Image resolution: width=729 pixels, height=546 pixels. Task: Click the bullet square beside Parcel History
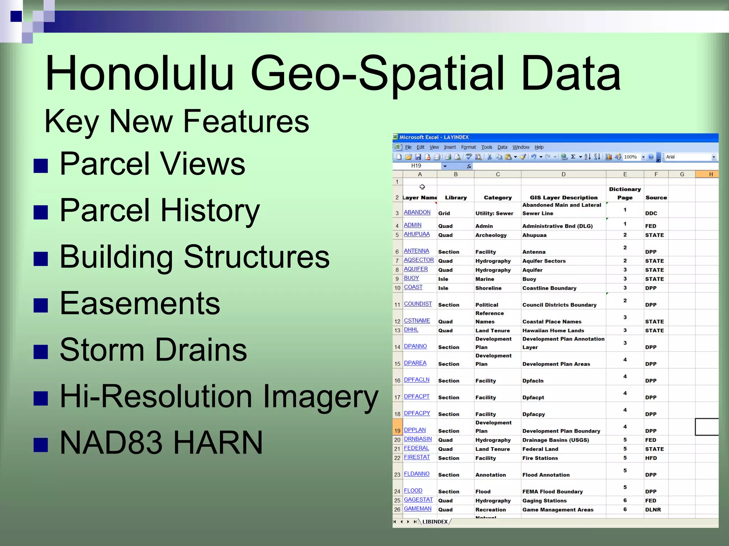[x=41, y=212]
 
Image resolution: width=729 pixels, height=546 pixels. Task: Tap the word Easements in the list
[x=140, y=303]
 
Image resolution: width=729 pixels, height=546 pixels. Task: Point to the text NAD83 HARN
[x=161, y=443]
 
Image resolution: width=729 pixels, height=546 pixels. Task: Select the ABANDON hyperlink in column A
[x=417, y=212]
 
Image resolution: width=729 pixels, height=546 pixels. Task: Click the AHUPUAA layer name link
[x=416, y=234]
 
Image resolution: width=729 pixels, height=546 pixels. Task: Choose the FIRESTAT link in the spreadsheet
[x=416, y=457]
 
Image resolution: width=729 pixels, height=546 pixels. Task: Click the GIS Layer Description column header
[x=563, y=198]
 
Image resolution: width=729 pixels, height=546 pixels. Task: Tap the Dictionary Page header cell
[x=625, y=193]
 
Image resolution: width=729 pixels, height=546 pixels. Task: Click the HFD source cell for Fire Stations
[x=651, y=458]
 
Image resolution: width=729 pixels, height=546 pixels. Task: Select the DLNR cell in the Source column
[x=653, y=510]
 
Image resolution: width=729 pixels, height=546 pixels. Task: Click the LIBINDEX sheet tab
[x=435, y=522]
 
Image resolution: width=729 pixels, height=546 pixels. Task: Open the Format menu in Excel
[x=468, y=147]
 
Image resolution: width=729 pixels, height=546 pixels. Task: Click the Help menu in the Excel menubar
[x=539, y=147]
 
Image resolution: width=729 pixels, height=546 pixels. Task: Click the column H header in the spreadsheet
[x=710, y=174]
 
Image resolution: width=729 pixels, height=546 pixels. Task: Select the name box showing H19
[x=416, y=166]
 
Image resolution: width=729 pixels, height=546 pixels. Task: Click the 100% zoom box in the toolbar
[x=630, y=157]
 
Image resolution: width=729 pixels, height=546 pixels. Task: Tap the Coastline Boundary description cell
[x=549, y=288]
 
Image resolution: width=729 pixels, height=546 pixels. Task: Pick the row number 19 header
[x=397, y=430]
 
